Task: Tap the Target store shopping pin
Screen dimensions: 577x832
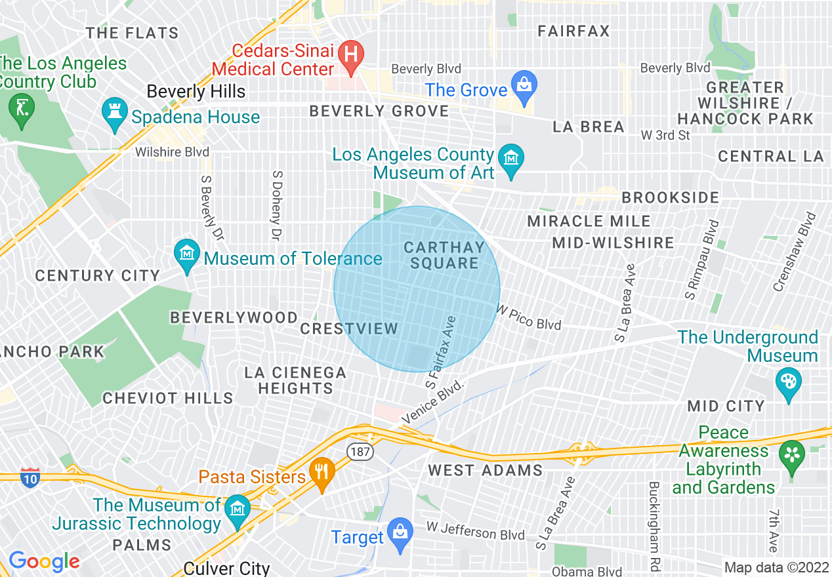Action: (x=399, y=533)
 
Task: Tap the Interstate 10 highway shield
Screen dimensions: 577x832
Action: (x=30, y=477)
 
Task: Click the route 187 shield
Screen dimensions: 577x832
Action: (x=361, y=452)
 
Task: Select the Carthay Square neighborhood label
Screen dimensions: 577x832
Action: (x=444, y=255)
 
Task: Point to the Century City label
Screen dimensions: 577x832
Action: (x=97, y=275)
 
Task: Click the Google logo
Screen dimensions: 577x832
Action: (x=44, y=562)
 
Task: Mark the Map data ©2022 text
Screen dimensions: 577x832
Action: (x=776, y=567)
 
